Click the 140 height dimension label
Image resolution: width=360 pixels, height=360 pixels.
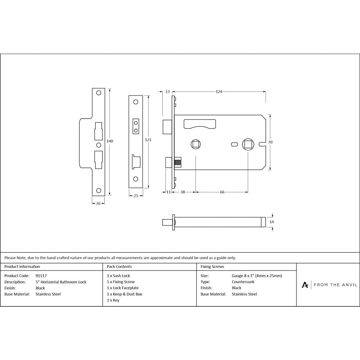[x=110, y=141]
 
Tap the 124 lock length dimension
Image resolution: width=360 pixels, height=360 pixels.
[x=219, y=92]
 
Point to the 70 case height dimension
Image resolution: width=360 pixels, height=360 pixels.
[x=270, y=142]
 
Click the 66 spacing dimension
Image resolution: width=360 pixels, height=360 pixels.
[x=222, y=192]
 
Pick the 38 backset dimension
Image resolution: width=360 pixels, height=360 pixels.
[x=183, y=192]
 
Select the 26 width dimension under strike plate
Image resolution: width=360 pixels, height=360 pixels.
[x=98, y=203]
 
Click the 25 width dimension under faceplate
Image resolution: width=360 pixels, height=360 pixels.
[x=136, y=196]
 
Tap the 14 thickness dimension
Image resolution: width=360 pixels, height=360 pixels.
[x=272, y=222]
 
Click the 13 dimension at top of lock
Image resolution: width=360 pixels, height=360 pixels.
[x=167, y=92]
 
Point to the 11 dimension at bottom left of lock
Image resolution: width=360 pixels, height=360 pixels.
[x=168, y=192]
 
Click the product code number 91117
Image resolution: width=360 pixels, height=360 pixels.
[x=41, y=276]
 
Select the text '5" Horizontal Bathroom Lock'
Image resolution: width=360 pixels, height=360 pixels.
[x=61, y=282]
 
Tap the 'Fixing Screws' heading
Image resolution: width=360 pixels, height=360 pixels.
[x=212, y=267]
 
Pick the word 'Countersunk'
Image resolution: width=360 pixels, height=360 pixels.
[x=243, y=282]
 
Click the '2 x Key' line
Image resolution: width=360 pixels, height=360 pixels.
[x=113, y=300]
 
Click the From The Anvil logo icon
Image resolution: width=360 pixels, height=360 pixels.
[x=305, y=285]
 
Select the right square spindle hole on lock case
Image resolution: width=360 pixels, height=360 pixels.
[x=248, y=144]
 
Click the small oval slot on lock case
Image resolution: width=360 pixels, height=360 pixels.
[x=234, y=144]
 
